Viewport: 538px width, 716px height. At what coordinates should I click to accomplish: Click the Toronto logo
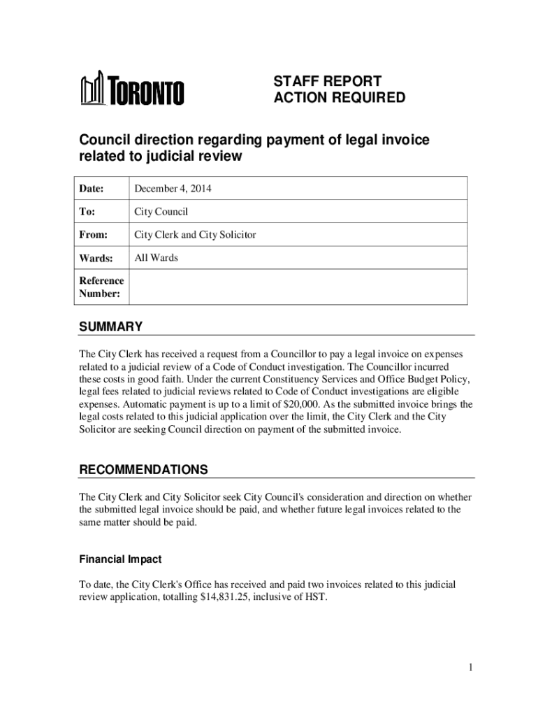click(x=133, y=89)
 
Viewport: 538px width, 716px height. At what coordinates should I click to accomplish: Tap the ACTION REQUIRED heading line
click(x=339, y=98)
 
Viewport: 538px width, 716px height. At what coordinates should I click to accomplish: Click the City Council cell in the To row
click(x=161, y=212)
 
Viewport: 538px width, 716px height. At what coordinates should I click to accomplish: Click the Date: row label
click(x=92, y=189)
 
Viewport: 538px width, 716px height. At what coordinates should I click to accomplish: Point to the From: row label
click(x=93, y=235)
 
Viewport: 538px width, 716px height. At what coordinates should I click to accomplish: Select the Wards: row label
click(x=96, y=258)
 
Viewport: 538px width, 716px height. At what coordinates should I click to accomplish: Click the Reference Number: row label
click(x=101, y=287)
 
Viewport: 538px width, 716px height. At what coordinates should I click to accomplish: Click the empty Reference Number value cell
click(x=298, y=287)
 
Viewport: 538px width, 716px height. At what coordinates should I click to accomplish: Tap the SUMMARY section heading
click(x=110, y=327)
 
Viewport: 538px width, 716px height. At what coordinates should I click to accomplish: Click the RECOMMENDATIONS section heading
click(x=143, y=468)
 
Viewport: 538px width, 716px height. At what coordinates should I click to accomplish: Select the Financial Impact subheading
click(x=120, y=559)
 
